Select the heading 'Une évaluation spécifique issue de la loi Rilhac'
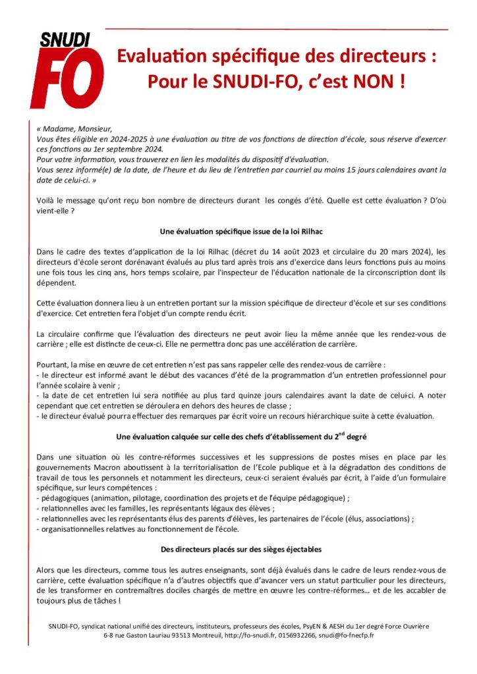(x=240, y=232)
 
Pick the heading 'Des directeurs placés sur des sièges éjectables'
(x=240, y=549)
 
